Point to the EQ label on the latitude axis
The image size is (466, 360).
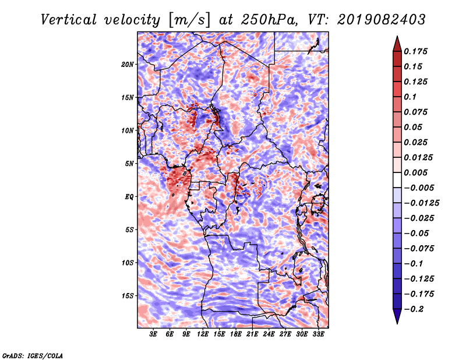click(x=129, y=197)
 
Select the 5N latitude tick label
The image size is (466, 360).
click(x=129, y=164)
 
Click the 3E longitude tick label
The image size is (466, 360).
click(x=154, y=334)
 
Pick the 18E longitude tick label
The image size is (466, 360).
click(x=236, y=334)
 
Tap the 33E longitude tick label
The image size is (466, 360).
click(x=319, y=334)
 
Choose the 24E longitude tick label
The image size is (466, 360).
click(x=269, y=334)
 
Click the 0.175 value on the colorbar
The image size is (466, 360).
click(x=417, y=51)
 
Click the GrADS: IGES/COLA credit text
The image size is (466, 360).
click(x=33, y=355)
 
